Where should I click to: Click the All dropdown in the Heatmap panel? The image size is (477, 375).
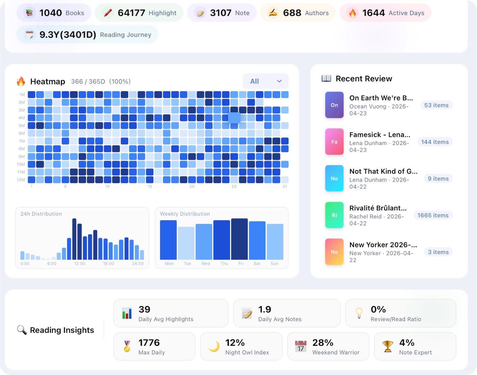pos(265,81)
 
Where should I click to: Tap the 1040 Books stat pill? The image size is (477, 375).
pos(54,13)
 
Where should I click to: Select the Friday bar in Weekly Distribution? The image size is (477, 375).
pos(239,239)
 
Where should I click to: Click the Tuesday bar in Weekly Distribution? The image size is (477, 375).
pos(186,243)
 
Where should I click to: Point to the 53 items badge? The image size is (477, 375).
pos(436,105)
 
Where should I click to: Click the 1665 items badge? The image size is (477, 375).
pos(433,215)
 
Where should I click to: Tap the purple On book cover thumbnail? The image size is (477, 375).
pos(334,105)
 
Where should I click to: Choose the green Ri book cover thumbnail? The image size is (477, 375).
pos(334,215)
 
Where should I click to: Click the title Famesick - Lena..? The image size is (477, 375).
pos(380,134)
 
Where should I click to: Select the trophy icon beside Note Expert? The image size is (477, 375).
pos(388,346)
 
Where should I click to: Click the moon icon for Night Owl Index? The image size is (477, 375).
pos(214,346)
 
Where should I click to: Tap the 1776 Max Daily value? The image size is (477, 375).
pos(149,343)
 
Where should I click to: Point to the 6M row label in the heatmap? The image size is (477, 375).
pos(21,133)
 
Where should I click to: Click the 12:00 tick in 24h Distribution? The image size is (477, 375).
pos(80,264)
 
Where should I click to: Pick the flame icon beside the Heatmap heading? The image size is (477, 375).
pos(21,81)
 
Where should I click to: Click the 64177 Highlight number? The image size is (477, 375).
pos(131,13)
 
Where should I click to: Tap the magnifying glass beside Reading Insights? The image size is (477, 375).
pos(22,330)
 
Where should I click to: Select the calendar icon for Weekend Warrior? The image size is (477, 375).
pos(301,346)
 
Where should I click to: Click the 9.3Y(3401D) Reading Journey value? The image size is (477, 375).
pos(68,35)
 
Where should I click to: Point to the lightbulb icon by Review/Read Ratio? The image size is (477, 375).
pos(359,313)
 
